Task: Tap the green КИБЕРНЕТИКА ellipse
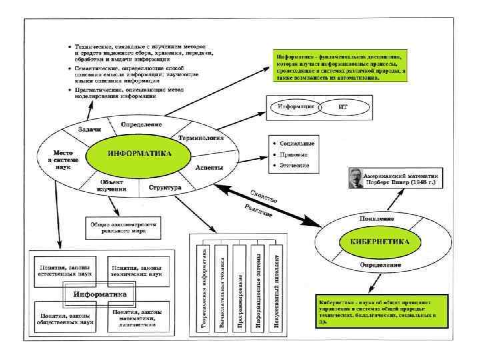pyautogui.click(x=373, y=241)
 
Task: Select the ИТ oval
pyautogui.click(x=344, y=107)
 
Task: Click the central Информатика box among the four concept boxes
pyautogui.click(x=99, y=293)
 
